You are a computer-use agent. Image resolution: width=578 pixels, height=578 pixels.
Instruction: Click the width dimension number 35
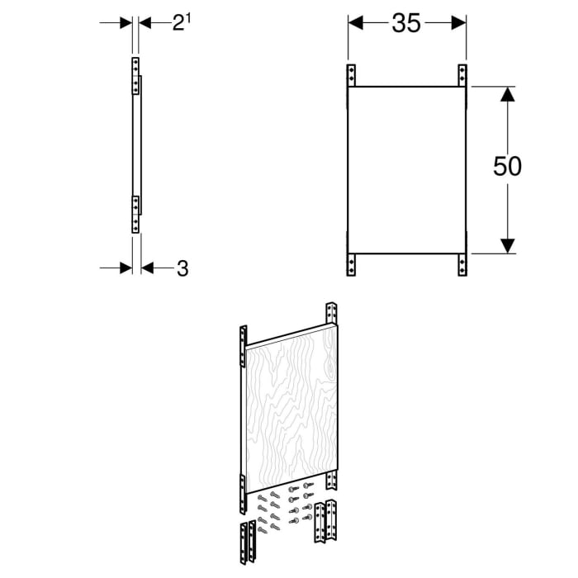(x=405, y=24)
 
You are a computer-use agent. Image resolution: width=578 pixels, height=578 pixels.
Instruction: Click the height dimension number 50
(x=507, y=166)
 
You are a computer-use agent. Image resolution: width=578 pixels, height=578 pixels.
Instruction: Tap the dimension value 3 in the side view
(x=182, y=268)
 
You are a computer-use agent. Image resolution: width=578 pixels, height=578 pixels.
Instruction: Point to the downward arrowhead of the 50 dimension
(x=508, y=244)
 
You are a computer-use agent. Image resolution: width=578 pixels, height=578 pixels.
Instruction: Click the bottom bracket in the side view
(x=135, y=213)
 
